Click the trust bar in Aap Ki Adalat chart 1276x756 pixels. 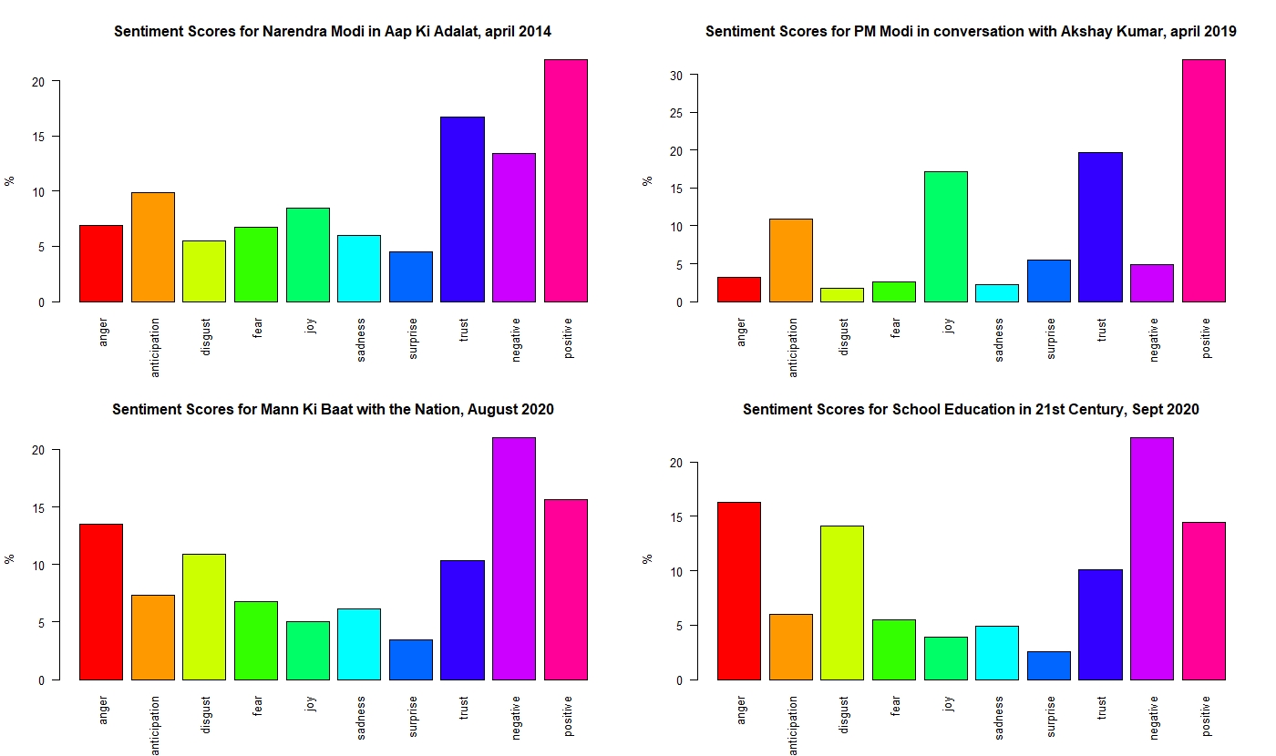click(462, 209)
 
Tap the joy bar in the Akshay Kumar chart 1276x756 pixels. click(945, 237)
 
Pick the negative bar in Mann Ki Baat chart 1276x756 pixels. click(514, 558)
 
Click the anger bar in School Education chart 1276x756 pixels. click(738, 591)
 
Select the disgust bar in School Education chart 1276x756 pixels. click(842, 603)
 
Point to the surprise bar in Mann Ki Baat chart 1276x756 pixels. click(410, 659)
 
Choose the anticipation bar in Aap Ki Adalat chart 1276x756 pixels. click(152, 247)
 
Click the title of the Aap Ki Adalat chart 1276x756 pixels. click(333, 32)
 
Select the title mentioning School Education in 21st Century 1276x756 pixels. click(971, 410)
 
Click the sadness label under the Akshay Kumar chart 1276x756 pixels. click(999, 340)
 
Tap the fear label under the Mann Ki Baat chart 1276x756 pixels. click(258, 710)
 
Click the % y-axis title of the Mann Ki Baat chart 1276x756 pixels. click(10, 558)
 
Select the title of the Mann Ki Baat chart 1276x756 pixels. click(333, 410)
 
